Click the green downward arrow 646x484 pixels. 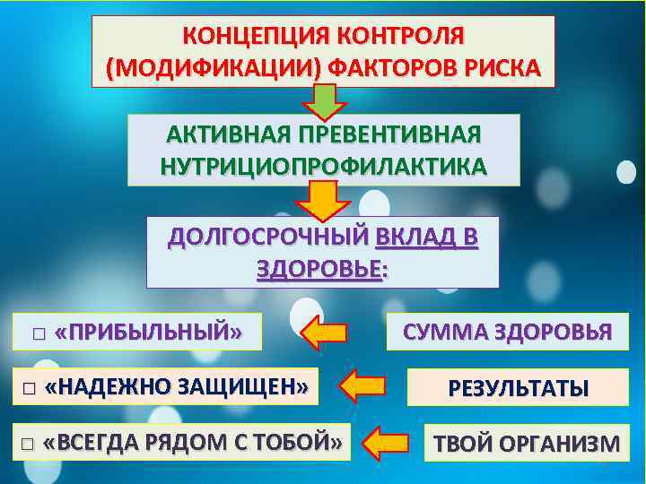click(x=324, y=100)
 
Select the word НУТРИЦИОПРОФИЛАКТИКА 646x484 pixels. click(x=323, y=166)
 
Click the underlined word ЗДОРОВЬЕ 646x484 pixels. click(x=319, y=268)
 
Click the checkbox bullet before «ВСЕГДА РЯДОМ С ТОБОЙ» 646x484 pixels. click(x=27, y=444)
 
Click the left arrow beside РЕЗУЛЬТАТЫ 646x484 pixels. click(x=363, y=387)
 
